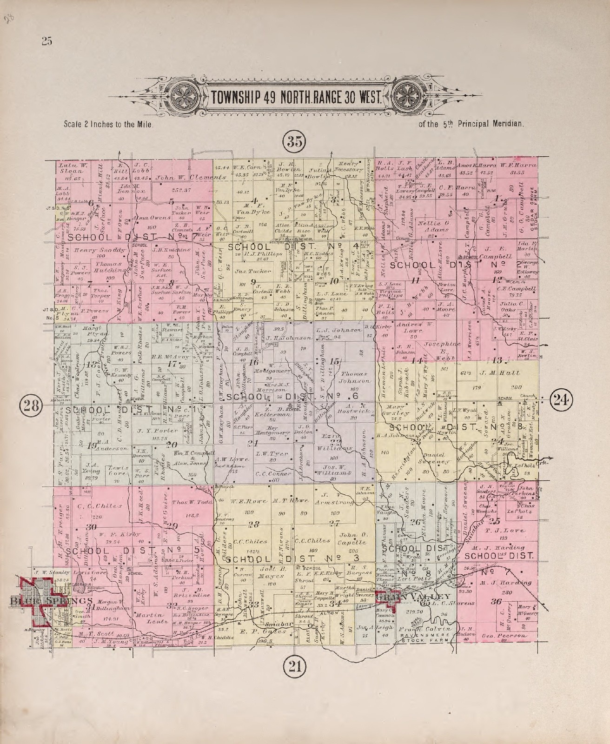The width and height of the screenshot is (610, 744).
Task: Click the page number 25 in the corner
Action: (46, 41)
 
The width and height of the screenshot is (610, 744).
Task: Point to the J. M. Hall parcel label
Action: (501, 373)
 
